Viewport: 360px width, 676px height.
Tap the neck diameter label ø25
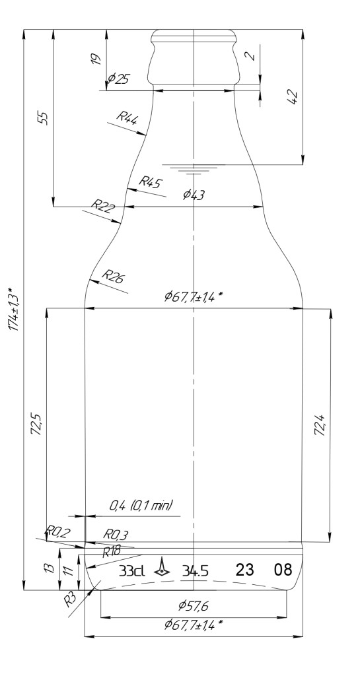pos(119,79)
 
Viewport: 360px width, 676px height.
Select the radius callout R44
pos(127,118)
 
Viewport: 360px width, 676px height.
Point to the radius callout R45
pos(150,182)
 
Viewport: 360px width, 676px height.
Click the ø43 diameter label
pos(194,195)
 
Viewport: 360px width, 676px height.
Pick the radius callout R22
pos(104,206)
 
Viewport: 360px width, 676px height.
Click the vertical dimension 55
pos(43,118)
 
